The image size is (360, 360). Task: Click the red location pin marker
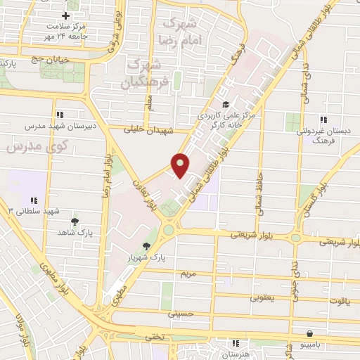181,165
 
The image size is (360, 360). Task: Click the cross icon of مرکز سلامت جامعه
66,15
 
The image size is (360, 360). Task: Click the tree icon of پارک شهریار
146,246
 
